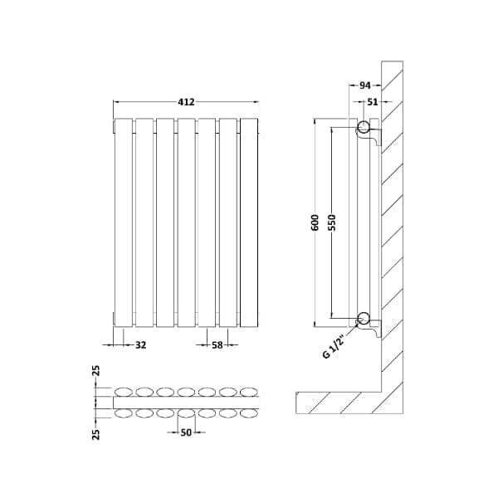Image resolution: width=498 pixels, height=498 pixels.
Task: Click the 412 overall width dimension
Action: click(x=186, y=102)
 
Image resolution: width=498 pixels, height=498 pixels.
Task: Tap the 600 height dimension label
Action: click(x=315, y=222)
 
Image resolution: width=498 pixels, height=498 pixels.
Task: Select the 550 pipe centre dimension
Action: click(x=331, y=222)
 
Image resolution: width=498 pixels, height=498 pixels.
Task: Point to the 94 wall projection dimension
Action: click(x=365, y=85)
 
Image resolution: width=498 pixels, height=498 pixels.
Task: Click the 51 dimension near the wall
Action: click(x=373, y=101)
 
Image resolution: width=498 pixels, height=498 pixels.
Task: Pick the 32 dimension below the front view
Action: click(x=141, y=344)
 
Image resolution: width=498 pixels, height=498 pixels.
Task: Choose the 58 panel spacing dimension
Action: click(x=217, y=344)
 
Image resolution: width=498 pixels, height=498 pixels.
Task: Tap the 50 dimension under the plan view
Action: click(x=186, y=432)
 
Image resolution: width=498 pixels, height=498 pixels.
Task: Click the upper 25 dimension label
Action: click(x=96, y=371)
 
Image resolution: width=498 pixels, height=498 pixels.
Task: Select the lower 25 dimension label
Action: click(x=96, y=434)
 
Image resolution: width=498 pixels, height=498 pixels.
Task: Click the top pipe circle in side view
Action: click(x=364, y=127)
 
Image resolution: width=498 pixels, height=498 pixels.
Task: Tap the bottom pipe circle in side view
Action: click(x=364, y=318)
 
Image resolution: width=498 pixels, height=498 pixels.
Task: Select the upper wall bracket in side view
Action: click(x=372, y=137)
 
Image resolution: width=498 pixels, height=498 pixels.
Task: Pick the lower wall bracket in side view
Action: click(x=372, y=329)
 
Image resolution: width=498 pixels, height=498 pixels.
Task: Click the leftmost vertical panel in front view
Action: click(x=124, y=222)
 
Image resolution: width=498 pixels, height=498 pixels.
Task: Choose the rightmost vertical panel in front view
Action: click(x=249, y=222)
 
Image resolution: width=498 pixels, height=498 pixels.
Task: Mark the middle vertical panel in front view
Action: click(x=187, y=222)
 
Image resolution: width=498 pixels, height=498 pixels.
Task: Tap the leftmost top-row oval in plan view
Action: click(x=124, y=393)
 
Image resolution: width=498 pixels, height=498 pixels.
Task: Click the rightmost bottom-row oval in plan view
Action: click(x=249, y=413)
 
